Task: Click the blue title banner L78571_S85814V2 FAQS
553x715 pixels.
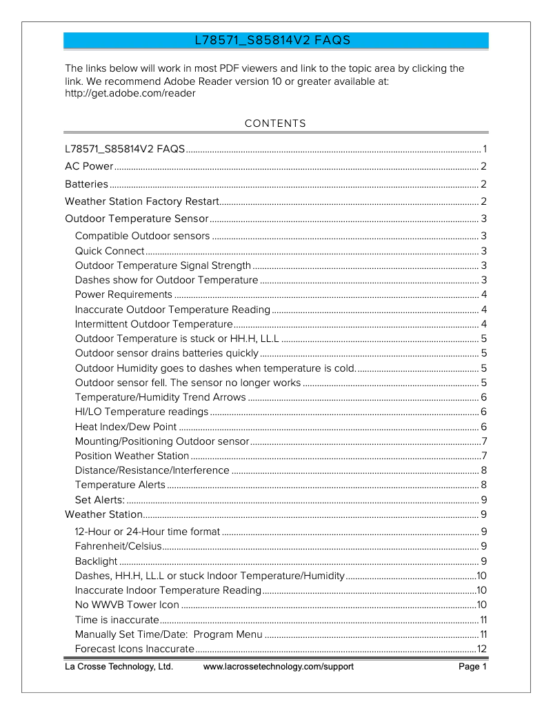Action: point(276,41)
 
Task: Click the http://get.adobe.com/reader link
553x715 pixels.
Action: point(130,94)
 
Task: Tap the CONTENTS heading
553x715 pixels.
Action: point(275,124)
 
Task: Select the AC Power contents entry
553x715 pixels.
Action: point(89,167)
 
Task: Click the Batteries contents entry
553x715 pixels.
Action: point(86,184)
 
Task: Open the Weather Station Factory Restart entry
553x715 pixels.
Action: point(141,202)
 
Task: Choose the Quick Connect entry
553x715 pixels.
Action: point(110,251)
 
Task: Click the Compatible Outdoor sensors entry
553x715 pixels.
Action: point(142,236)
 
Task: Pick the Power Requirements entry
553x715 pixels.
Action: point(123,294)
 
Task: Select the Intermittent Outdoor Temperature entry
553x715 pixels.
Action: point(154,324)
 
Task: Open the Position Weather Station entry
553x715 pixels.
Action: point(132,456)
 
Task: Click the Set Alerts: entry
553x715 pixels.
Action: point(100,500)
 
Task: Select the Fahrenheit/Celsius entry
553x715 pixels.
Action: point(118,547)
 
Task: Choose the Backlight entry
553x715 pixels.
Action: point(96,561)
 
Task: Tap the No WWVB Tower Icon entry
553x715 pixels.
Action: point(127,605)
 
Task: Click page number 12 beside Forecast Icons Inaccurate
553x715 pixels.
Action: point(482,649)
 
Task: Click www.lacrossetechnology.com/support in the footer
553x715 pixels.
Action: point(279,667)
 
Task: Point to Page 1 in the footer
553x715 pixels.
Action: point(473,667)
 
